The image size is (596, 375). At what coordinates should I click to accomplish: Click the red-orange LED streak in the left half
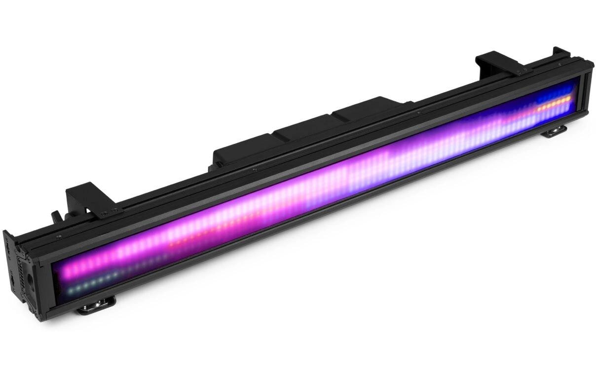197,240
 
